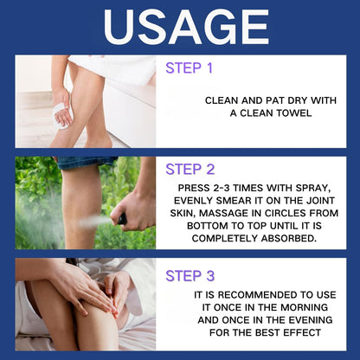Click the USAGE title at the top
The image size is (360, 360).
tap(180, 28)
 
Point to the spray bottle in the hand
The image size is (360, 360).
tap(121, 220)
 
